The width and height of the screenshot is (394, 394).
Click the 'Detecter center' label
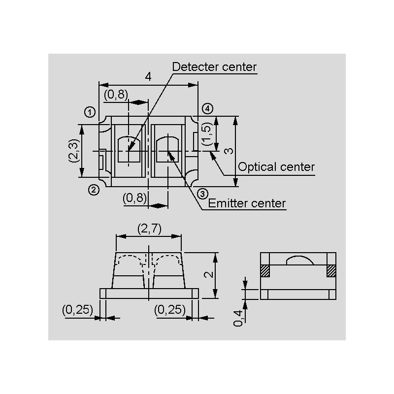(x=214, y=67)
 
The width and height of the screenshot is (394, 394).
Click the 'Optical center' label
(x=276, y=167)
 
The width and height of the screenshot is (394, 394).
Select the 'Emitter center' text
(x=247, y=203)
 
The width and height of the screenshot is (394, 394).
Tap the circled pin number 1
(x=89, y=112)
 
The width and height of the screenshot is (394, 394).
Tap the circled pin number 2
(x=94, y=189)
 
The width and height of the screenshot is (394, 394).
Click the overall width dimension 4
(x=148, y=76)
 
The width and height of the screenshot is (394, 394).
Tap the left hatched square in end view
(x=265, y=270)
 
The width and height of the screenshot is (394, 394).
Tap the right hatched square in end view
(x=330, y=270)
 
